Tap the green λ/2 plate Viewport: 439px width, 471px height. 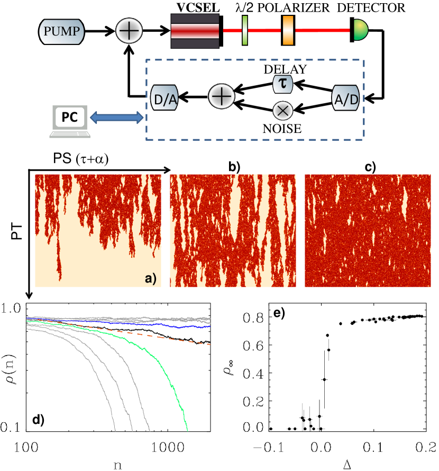(245, 31)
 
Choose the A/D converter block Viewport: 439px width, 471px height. (344, 97)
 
